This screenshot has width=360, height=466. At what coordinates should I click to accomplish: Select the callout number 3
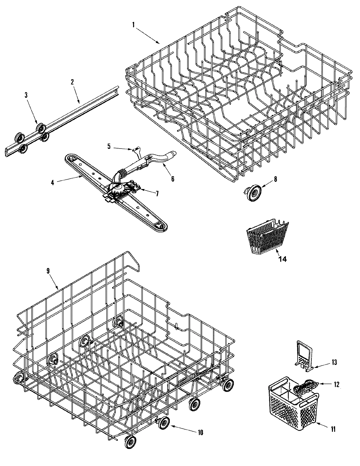[26, 95]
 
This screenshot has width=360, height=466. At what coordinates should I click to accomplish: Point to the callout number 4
[52, 182]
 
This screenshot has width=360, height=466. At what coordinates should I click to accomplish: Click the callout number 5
[109, 146]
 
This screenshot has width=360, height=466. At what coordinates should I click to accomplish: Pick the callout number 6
[172, 179]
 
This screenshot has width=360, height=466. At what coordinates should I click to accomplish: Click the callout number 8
[275, 179]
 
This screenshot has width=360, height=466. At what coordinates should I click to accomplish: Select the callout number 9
[48, 270]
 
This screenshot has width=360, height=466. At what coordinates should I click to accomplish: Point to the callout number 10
[200, 432]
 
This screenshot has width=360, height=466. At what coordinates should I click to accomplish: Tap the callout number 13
[334, 362]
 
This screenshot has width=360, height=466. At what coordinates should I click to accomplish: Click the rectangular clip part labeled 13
[304, 353]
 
